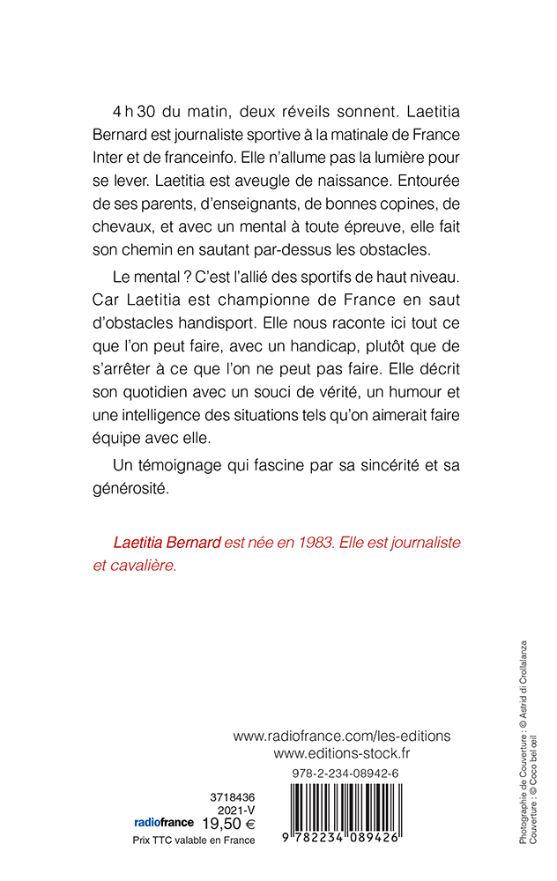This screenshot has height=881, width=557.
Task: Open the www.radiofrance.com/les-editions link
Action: (x=342, y=735)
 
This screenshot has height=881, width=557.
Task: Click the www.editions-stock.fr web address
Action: (x=342, y=753)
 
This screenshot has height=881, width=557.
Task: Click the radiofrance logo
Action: (x=164, y=823)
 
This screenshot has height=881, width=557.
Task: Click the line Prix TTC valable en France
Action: (x=187, y=840)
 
